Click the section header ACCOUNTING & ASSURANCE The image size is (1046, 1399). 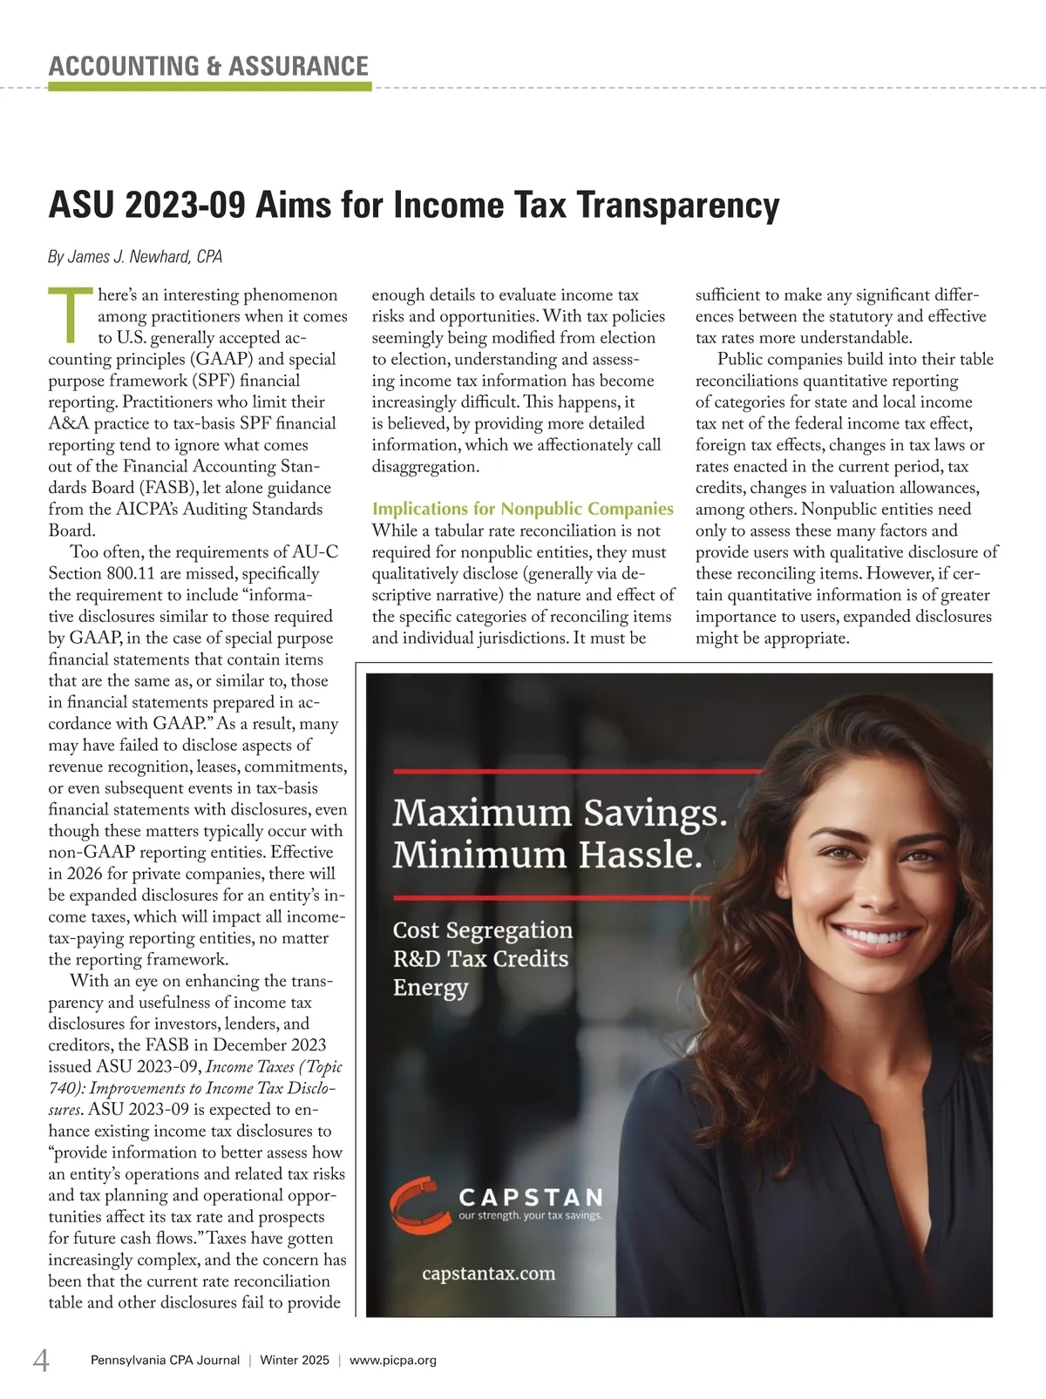click(x=208, y=66)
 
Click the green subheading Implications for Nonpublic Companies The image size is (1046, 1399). click(x=522, y=509)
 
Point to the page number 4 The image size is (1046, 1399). click(x=41, y=1360)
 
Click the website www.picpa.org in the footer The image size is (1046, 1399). click(x=392, y=1361)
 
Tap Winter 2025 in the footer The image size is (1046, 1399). click(x=295, y=1361)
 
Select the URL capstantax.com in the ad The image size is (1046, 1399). click(x=488, y=1274)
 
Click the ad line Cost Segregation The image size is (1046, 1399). click(x=483, y=930)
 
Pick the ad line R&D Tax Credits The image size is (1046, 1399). click(x=480, y=959)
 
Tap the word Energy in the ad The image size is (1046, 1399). click(x=431, y=988)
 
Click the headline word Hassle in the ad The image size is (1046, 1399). click(x=640, y=855)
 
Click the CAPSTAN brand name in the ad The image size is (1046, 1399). click(x=531, y=1197)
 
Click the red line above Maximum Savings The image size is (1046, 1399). click(x=575, y=771)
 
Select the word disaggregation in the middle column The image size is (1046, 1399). click(x=425, y=466)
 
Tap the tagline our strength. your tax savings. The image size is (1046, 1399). click(x=530, y=1215)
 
